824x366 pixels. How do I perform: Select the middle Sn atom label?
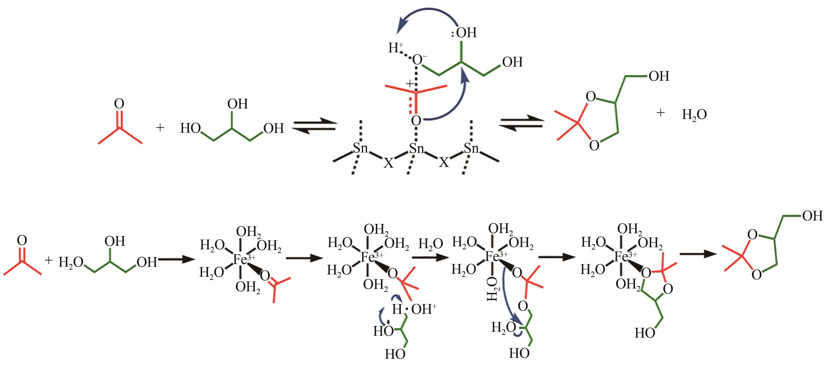pos(417,149)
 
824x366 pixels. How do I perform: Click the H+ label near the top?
pos(396,48)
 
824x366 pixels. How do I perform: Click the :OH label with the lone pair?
pos(464,33)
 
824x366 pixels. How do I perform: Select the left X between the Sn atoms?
pos(388,163)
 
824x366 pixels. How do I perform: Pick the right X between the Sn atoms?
pos(444,162)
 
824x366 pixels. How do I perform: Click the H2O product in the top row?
pos(694,115)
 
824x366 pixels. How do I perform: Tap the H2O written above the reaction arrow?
pos(430,244)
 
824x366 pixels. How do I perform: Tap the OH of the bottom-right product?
pos(812,216)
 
